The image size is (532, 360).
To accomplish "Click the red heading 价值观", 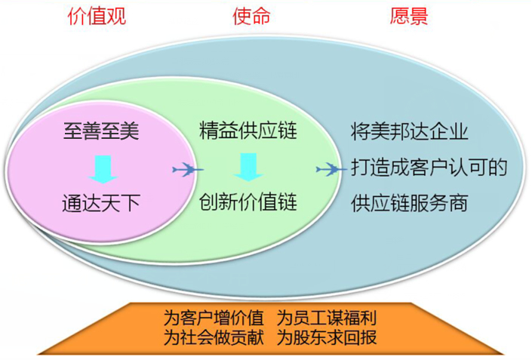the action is [x=97, y=17].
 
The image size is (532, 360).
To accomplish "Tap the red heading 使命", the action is [x=251, y=16].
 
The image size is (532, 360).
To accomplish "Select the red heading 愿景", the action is [x=408, y=16].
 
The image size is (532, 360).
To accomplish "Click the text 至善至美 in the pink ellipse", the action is [x=101, y=131].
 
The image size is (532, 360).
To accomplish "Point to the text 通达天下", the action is [x=101, y=203].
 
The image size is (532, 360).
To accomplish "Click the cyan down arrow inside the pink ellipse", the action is [x=103, y=169].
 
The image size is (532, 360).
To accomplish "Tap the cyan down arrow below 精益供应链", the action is [x=248, y=167].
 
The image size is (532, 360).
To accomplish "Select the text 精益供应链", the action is [x=248, y=131].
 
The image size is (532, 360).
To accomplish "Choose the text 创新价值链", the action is [x=248, y=202].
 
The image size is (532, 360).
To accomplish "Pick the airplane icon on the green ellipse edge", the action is [x=331, y=169].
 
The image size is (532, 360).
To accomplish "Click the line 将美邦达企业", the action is [x=410, y=132].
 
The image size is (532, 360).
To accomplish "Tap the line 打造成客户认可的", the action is [x=429, y=168].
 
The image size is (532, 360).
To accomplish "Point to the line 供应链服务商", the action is [x=410, y=203].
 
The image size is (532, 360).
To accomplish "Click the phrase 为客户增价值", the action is [x=214, y=318].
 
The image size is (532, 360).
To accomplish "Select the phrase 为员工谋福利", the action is [x=327, y=318].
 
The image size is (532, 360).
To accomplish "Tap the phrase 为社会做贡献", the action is [x=214, y=337].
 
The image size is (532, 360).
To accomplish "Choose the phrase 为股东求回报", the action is [x=327, y=337].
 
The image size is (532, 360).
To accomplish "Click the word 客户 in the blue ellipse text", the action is [x=429, y=168].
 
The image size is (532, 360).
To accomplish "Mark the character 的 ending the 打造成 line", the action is [x=498, y=168].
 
